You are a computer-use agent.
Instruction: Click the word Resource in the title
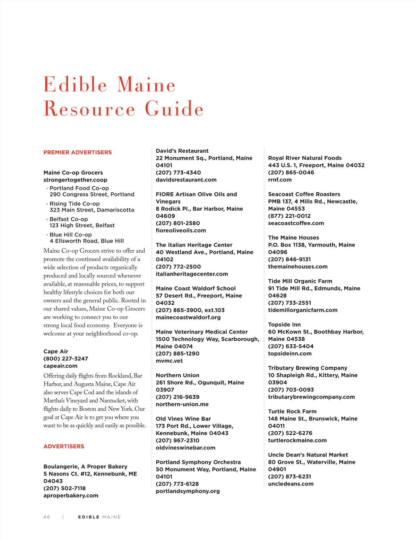[89, 109]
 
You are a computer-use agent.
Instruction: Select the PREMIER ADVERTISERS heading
[78, 152]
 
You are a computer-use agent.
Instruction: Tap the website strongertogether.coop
[75, 180]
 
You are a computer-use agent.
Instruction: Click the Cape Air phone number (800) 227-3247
[66, 358]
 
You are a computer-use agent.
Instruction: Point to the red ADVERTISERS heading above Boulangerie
[64, 446]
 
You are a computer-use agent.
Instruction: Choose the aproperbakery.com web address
[71, 495]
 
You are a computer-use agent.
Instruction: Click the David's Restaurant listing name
[182, 151]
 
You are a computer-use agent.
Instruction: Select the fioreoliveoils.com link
[181, 230]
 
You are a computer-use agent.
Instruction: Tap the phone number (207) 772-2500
[178, 267]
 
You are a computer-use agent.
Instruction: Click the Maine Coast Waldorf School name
[196, 288]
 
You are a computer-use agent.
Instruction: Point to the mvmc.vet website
[169, 361]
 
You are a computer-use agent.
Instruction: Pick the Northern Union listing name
[177, 375]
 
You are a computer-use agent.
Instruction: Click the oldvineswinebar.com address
[185, 447]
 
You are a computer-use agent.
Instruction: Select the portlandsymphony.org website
[188, 491]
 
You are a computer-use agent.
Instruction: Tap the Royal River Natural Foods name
[305, 158]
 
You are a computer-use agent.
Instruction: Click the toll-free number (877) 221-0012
[289, 216]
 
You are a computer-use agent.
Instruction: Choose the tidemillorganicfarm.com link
[303, 310]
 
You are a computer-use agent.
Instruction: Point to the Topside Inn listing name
[284, 324]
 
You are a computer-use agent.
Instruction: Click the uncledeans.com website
[291, 484]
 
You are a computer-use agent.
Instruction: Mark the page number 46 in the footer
[47, 517]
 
